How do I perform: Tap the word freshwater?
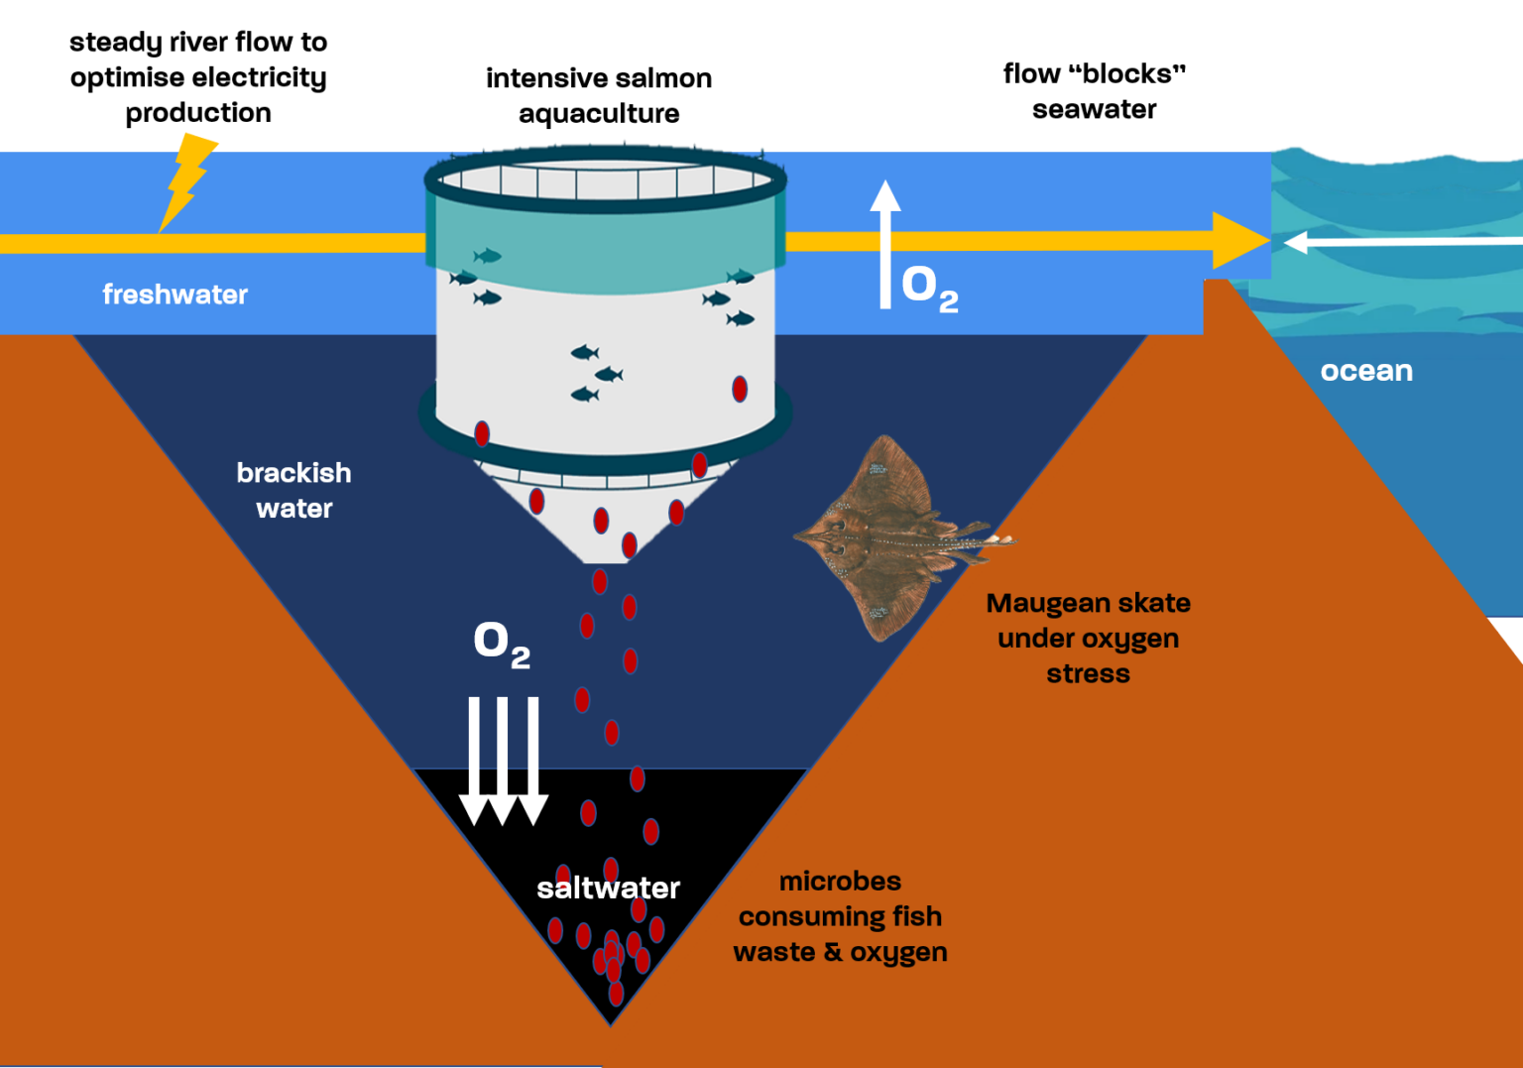[176, 295]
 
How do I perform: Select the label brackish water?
[293, 490]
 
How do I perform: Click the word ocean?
[1366, 371]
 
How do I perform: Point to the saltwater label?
[608, 888]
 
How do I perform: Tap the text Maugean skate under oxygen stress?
[1088, 638]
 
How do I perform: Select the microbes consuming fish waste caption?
[840, 916]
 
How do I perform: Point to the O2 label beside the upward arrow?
[929, 288]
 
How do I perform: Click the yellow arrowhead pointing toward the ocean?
[1239, 240]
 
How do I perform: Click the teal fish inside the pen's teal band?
[487, 256]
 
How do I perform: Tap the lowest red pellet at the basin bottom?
[616, 993]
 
